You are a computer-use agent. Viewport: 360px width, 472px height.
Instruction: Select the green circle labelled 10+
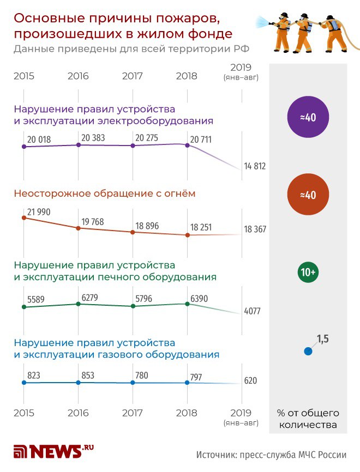(308, 272)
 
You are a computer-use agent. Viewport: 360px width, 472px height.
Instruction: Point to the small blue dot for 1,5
(308, 352)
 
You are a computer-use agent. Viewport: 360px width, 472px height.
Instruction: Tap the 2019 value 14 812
(255, 166)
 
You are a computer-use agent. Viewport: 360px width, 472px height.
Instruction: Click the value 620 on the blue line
(250, 380)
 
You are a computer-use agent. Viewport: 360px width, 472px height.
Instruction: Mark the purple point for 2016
(79, 145)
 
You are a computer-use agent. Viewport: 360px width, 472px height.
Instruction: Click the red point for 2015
(23, 217)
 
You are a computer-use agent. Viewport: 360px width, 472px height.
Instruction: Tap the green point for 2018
(188, 304)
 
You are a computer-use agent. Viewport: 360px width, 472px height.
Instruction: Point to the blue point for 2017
(133, 383)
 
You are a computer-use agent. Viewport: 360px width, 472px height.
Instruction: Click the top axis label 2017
(133, 76)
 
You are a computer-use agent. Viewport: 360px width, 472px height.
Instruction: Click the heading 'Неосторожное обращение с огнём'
(104, 193)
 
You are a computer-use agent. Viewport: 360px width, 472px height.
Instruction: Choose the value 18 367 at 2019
(255, 229)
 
